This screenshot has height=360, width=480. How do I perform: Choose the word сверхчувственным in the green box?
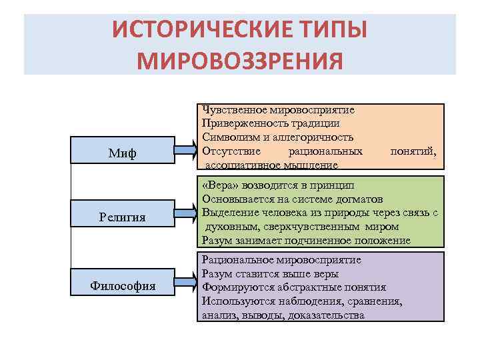point(288,227)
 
